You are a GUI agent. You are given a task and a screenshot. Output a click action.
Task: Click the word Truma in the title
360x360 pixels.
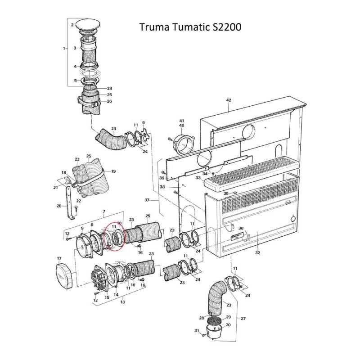pyautogui.click(x=155, y=27)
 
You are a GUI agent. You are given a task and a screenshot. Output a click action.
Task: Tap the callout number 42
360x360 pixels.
pyautogui.click(x=228, y=100)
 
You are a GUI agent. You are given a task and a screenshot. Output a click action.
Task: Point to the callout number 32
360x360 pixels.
pyautogui.click(x=257, y=253)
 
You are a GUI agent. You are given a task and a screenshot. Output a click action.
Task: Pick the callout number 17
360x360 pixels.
pyautogui.click(x=58, y=258)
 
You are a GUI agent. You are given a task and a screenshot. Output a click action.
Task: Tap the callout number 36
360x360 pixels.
pyautogui.click(x=241, y=229)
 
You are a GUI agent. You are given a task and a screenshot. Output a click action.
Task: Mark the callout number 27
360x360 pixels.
pyautogui.click(x=243, y=319)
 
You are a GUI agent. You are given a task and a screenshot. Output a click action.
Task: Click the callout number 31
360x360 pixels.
pyautogui.click(x=196, y=331)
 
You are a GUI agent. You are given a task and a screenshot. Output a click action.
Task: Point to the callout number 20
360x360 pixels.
pyautogui.click(x=58, y=206)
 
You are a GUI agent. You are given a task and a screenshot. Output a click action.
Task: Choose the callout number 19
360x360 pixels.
pyautogui.click(x=113, y=171)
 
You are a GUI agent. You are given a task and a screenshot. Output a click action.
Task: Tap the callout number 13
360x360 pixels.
pyautogui.click(x=122, y=302)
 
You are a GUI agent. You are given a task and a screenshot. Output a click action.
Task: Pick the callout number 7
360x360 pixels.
pyautogui.click(x=104, y=211)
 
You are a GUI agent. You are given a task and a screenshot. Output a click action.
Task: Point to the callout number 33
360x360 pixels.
pyautogui.click(x=198, y=178)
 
